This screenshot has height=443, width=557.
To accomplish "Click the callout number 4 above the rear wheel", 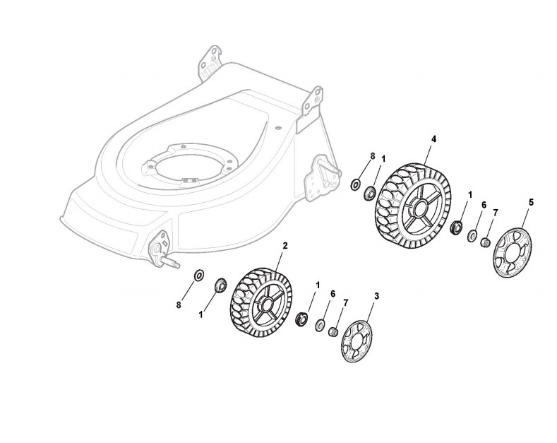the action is click(x=433, y=139).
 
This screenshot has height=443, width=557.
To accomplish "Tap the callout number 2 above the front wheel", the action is click(x=285, y=245).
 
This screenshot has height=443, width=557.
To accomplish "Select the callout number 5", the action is click(x=531, y=202).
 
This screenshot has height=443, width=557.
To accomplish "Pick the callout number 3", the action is click(x=376, y=296).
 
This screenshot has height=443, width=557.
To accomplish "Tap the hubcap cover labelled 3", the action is click(x=357, y=342).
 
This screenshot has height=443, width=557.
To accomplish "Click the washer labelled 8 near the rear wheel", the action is click(x=355, y=184).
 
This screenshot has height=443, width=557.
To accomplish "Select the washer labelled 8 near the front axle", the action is click(x=198, y=274).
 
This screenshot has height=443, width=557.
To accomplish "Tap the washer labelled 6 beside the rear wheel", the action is click(x=472, y=235).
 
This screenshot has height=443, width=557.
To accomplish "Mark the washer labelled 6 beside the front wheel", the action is click(x=320, y=324).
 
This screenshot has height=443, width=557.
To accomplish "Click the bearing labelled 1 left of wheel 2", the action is click(x=220, y=284).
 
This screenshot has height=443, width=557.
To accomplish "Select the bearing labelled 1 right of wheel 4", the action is click(x=456, y=228).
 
